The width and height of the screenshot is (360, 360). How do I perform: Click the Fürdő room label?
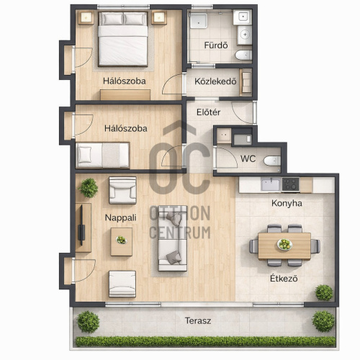216,45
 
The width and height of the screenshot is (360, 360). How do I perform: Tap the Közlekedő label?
215,81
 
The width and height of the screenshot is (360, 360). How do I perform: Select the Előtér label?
208,112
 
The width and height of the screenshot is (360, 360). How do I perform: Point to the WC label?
248,158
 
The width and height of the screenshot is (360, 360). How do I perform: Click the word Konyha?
287,203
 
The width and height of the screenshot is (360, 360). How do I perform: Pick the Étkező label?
284,279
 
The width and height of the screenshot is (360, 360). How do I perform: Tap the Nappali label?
120,217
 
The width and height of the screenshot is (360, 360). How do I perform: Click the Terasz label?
198,320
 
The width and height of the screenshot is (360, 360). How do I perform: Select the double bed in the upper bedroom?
123,39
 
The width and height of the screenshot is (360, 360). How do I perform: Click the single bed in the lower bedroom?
103,155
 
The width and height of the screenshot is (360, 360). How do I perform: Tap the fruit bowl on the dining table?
285,245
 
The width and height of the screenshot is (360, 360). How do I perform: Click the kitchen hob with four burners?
290,184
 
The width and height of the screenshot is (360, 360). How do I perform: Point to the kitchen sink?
271,184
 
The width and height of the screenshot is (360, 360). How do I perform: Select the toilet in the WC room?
272,161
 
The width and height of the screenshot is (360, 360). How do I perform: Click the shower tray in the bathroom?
199,21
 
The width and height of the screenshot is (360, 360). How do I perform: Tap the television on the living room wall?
81,225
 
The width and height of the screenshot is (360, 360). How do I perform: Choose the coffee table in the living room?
122,242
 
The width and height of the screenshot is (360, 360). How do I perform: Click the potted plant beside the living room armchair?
89,188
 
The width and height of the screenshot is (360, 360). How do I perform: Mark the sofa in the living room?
173,238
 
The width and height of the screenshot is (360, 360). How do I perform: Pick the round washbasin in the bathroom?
245,35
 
